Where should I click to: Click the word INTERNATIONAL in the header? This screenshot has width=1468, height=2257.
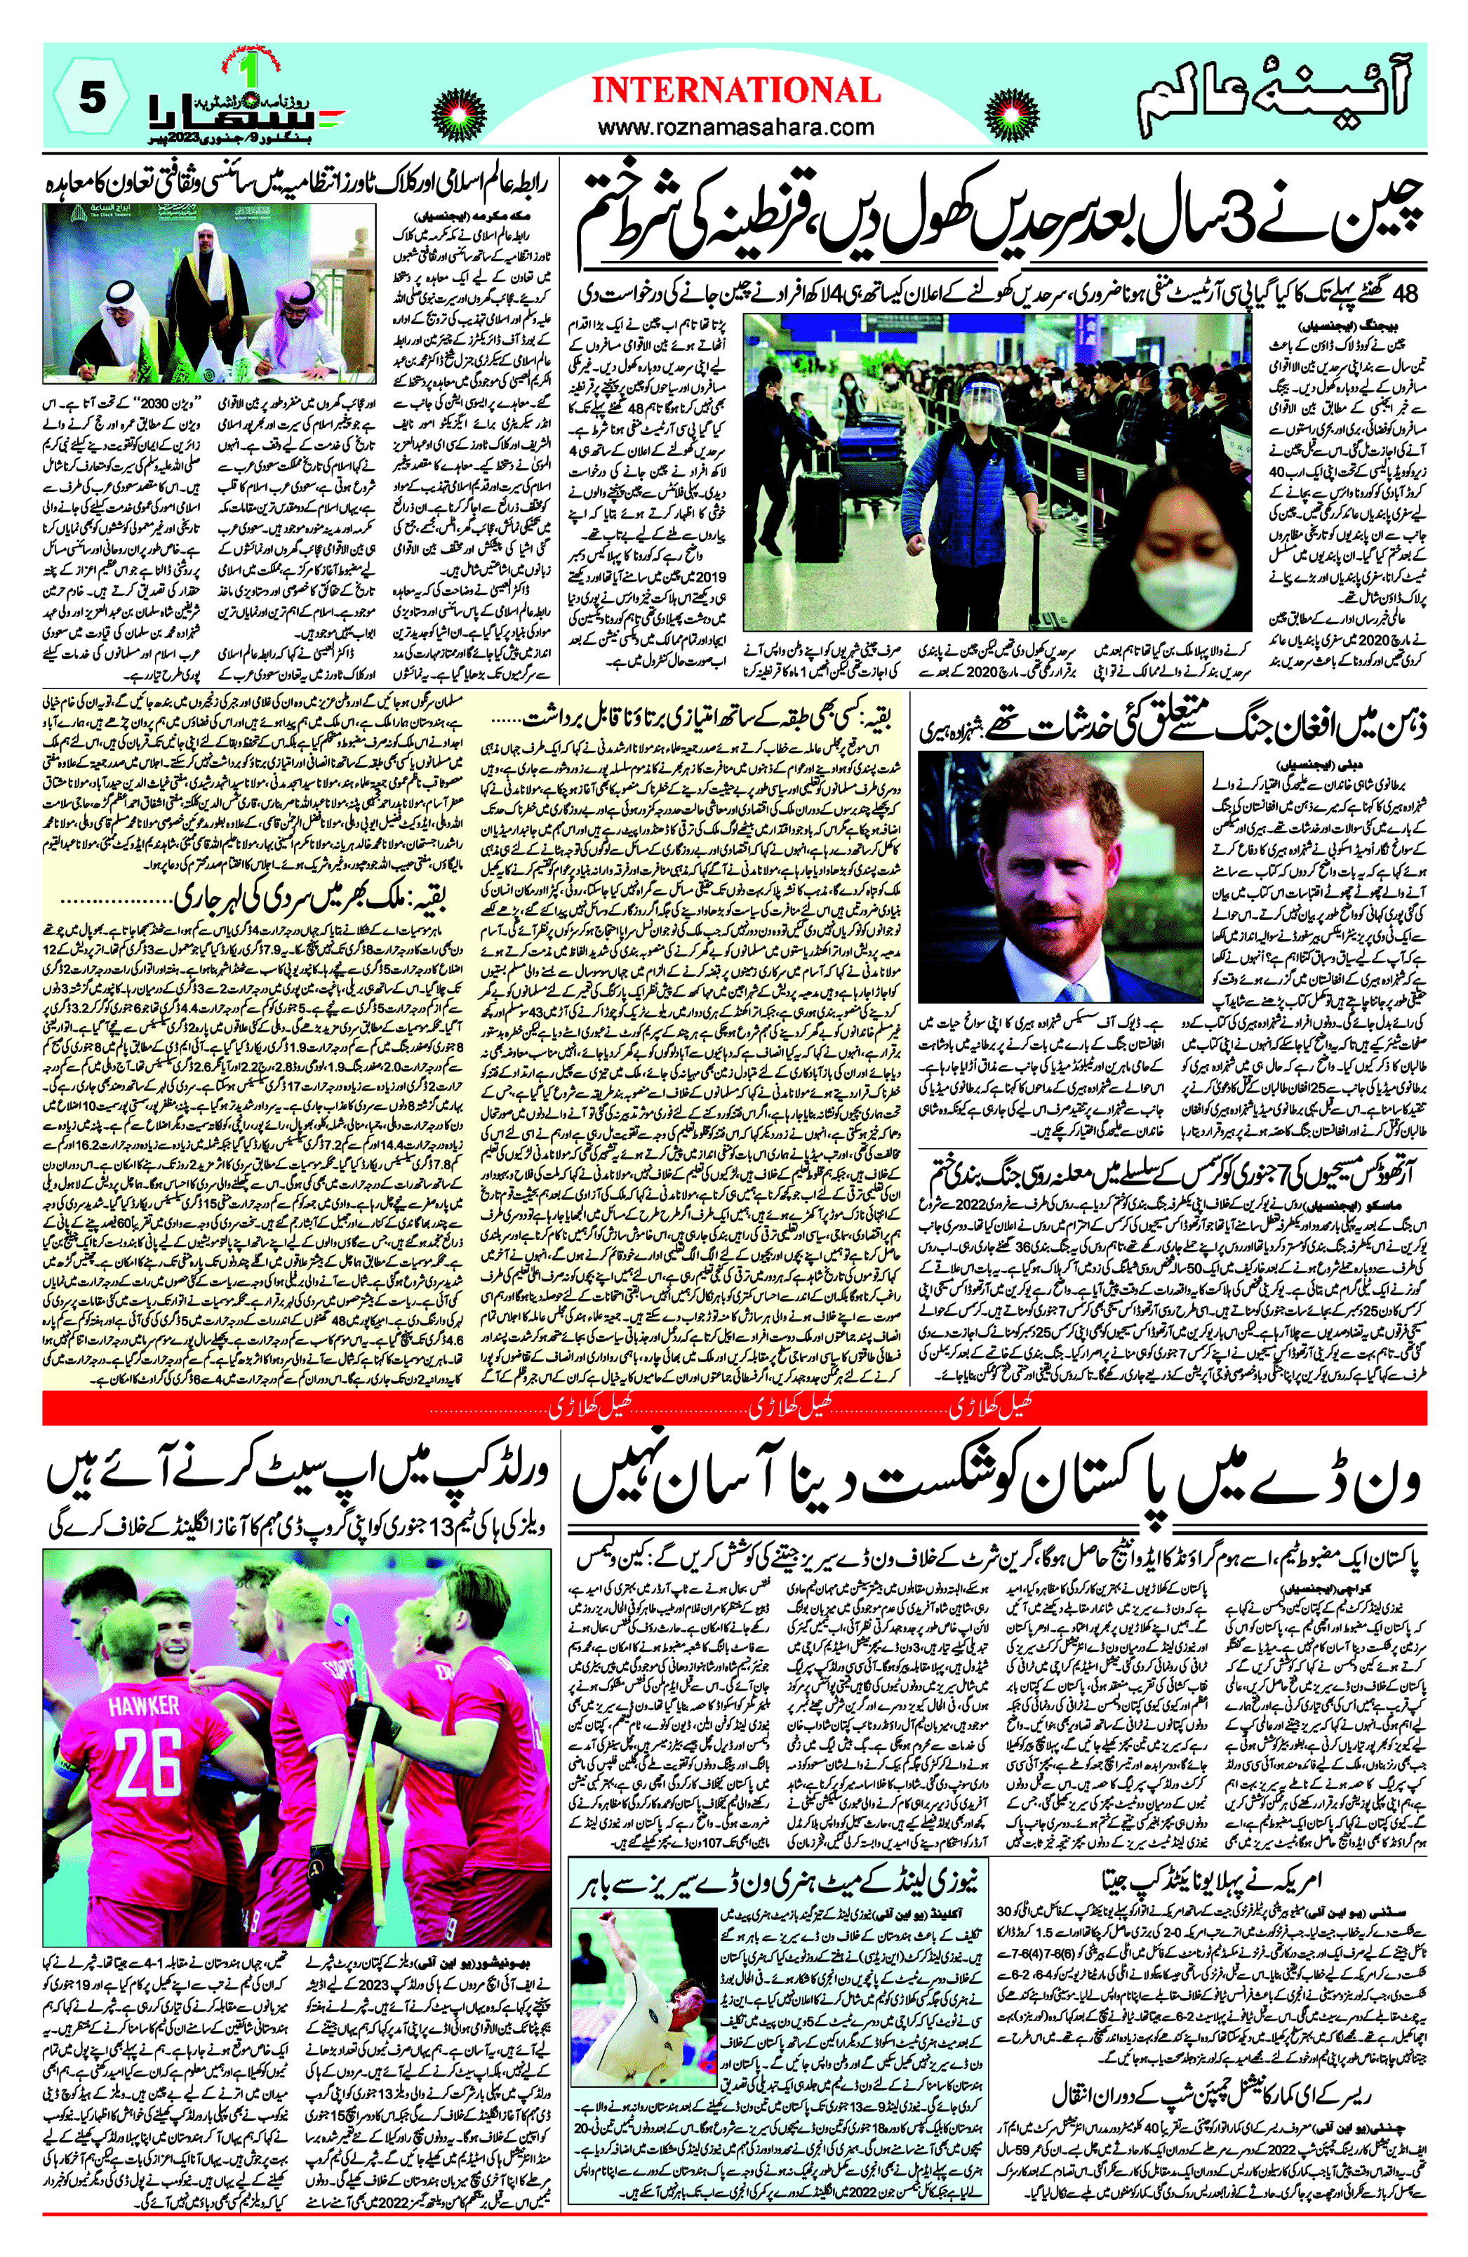tap(736, 91)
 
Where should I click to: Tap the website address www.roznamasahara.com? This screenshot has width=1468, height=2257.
tap(736, 126)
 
